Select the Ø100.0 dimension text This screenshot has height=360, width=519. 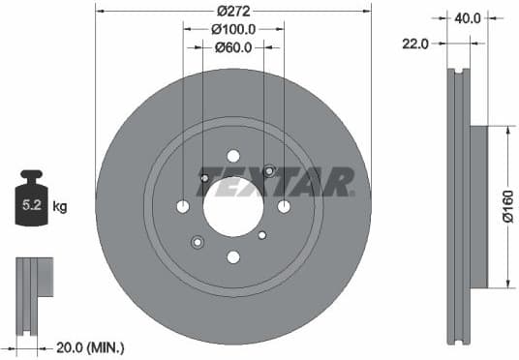tap(232, 30)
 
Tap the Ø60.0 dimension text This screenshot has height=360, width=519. tap(232, 47)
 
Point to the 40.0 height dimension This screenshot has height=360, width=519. tap(467, 17)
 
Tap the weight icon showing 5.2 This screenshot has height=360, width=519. tap(33, 200)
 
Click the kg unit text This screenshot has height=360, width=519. tap(59, 206)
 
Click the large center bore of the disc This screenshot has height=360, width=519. tap(232, 206)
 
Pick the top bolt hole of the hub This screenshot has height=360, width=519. tap(232, 156)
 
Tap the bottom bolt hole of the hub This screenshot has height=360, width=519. tap(232, 256)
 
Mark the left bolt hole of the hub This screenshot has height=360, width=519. tap(183, 206)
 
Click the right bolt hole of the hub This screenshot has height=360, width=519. tap(283, 206)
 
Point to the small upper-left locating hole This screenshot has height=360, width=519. tap(203, 177)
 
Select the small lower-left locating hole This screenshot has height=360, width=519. tap(198, 241)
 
